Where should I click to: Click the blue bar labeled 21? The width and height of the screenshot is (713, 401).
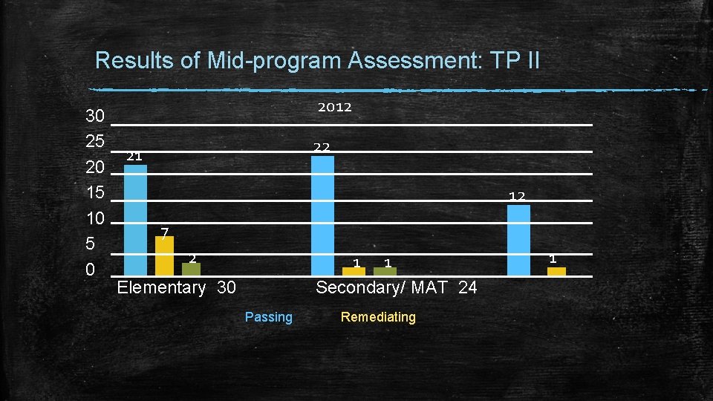(x=135, y=219)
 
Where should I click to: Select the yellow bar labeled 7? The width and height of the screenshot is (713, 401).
(x=164, y=255)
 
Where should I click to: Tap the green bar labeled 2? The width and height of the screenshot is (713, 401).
(x=191, y=269)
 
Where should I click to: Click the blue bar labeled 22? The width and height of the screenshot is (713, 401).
(x=322, y=215)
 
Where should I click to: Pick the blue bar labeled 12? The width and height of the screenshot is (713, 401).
(x=518, y=239)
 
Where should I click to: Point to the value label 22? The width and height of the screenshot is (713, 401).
(x=322, y=147)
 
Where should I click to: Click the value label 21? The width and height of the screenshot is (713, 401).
(x=134, y=156)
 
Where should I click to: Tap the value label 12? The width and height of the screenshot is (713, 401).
(x=517, y=196)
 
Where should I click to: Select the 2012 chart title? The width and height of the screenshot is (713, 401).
(x=335, y=107)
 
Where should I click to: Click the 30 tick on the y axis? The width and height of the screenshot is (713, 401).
(x=95, y=117)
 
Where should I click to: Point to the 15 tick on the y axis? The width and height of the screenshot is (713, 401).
(x=95, y=193)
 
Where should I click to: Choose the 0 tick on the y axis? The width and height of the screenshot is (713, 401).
(x=90, y=270)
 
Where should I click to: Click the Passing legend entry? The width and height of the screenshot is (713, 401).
(x=269, y=317)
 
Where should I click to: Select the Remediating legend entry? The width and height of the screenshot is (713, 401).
(x=378, y=317)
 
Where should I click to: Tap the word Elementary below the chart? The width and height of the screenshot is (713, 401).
(x=161, y=287)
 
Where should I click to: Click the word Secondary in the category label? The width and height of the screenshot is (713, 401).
(x=349, y=287)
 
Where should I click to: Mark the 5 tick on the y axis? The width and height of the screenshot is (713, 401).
(x=90, y=244)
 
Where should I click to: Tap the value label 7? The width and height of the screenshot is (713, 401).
(x=165, y=230)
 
